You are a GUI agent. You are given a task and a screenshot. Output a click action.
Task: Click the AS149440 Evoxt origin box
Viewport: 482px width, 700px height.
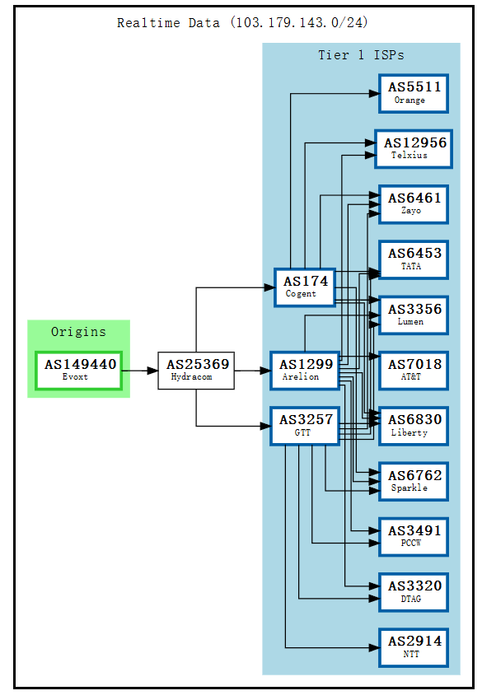[x=79, y=371]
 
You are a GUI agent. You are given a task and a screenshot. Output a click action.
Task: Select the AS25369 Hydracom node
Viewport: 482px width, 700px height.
[x=196, y=371]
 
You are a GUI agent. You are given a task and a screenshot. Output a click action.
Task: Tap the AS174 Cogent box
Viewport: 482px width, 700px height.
[x=305, y=287]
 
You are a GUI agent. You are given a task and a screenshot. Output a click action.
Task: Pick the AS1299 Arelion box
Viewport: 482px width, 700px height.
[x=305, y=371]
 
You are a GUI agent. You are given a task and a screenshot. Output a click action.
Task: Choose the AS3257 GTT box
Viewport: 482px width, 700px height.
[x=305, y=426]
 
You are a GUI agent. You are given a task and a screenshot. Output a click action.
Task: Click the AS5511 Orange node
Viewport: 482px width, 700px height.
[x=414, y=93]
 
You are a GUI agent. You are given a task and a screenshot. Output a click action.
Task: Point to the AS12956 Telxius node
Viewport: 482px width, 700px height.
[x=414, y=148]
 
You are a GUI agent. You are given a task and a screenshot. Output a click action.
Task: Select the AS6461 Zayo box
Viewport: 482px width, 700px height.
[x=414, y=204]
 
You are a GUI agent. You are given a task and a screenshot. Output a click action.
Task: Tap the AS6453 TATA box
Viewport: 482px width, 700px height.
[x=414, y=259]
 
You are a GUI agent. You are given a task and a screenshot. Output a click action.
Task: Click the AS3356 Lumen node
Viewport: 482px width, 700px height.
[x=414, y=315]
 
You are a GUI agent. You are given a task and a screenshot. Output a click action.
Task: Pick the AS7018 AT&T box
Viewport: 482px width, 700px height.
[x=414, y=371]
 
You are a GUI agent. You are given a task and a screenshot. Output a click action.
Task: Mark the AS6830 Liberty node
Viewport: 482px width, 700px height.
[x=414, y=426]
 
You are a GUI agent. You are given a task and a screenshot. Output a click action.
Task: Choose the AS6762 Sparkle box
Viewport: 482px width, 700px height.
[x=414, y=481]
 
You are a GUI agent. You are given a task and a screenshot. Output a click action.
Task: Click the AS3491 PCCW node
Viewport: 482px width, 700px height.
[x=414, y=536]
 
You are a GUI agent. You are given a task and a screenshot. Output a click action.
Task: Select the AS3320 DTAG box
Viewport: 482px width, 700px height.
[x=414, y=592]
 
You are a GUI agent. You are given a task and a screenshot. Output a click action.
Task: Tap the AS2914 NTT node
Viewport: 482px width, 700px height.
[x=414, y=647]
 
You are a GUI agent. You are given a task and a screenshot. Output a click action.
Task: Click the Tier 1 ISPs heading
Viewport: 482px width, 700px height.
[x=361, y=55]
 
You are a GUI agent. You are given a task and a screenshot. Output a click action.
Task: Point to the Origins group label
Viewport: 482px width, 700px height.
[x=78, y=332]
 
